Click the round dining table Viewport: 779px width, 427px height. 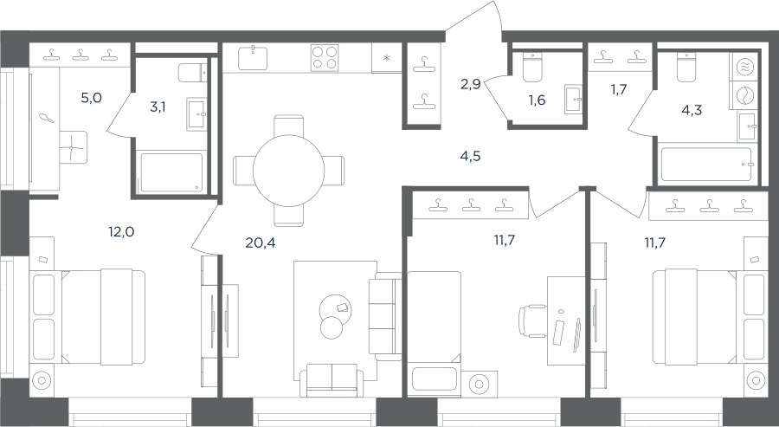coord(288,171)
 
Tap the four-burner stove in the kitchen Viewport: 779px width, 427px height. coord(325,58)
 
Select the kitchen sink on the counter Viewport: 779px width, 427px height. coord(253,58)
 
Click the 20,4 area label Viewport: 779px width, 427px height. coord(261,243)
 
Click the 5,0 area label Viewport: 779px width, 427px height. coord(92,97)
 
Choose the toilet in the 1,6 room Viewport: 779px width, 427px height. coord(532,68)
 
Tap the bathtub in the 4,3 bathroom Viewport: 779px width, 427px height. coord(706,164)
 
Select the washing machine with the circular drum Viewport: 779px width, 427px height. coord(744,96)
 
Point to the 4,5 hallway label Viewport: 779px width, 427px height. coord(470,157)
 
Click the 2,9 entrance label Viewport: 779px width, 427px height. coord(470,84)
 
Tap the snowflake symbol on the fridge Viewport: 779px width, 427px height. coord(387,58)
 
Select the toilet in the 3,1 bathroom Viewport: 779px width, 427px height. coord(192,73)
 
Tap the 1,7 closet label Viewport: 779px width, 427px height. coord(619,90)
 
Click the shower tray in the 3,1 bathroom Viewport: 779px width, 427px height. coord(171,172)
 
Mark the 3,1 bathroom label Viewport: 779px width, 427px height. coord(158,107)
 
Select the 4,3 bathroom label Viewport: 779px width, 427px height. coord(692,110)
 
